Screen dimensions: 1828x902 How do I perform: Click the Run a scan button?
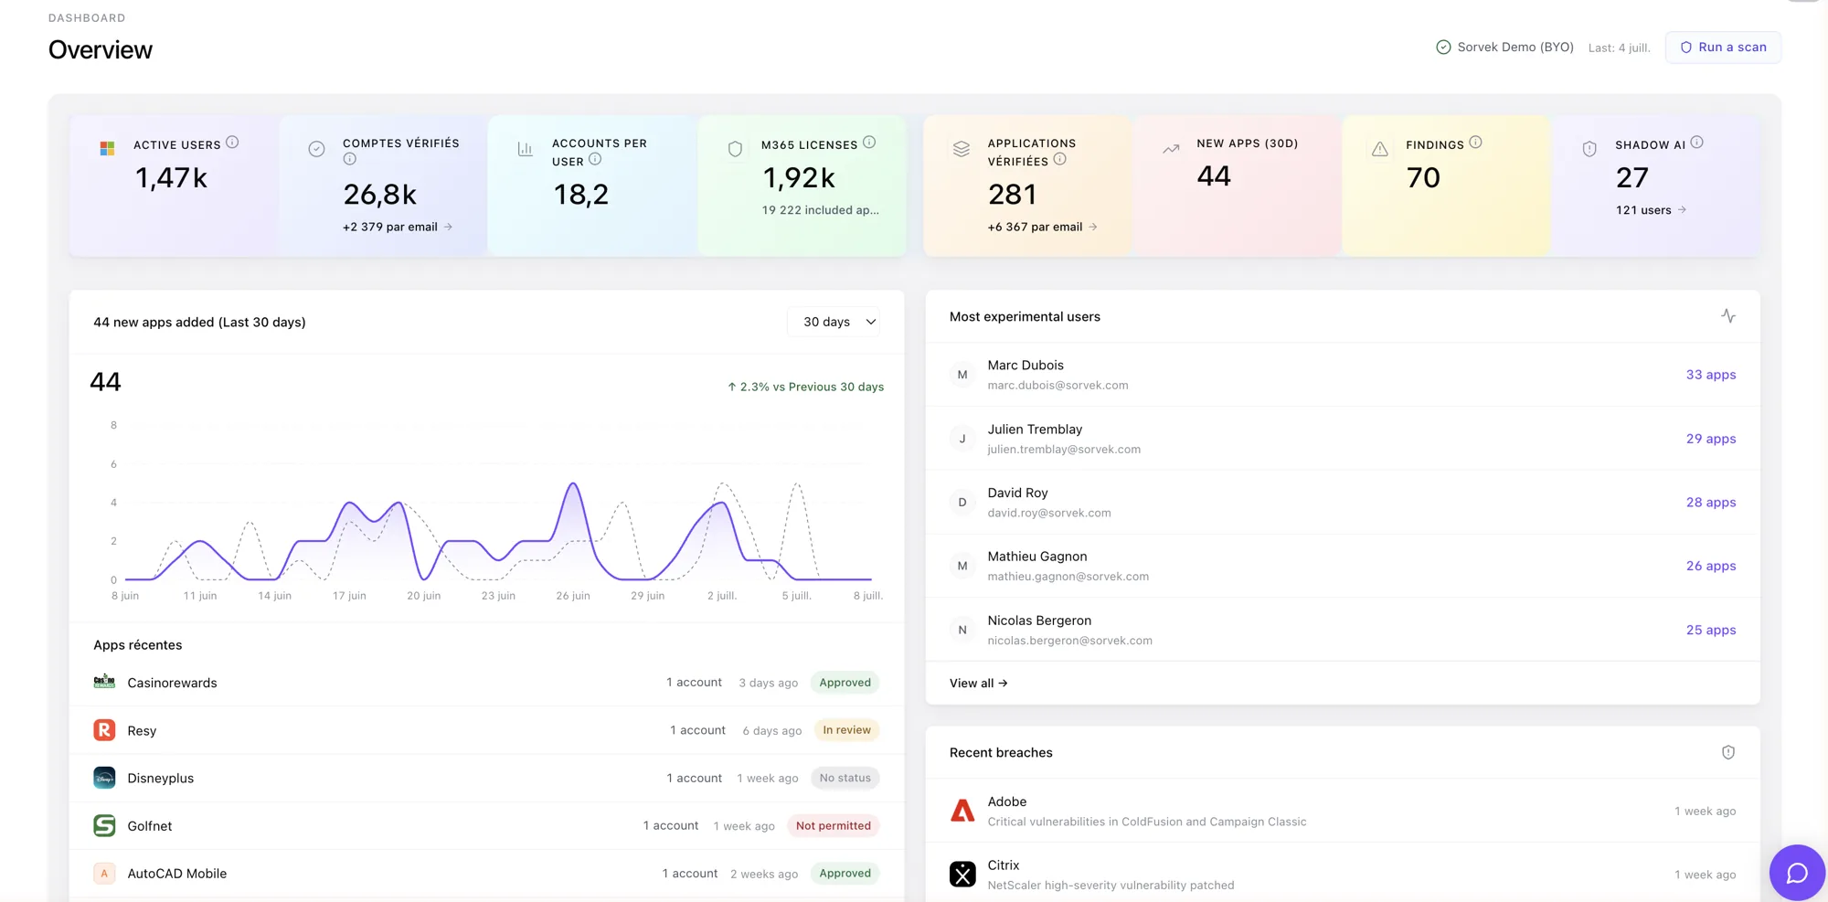(1723, 48)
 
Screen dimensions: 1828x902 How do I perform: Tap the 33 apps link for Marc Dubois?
(1710, 375)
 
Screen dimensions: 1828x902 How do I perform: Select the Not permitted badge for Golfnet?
(833, 826)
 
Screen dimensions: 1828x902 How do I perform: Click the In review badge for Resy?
(846, 730)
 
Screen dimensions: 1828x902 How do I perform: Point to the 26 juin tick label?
(573, 596)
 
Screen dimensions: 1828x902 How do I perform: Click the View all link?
(978, 683)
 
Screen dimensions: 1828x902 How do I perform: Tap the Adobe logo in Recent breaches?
(962, 811)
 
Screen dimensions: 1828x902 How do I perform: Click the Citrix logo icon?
(962, 875)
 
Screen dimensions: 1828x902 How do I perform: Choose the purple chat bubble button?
(1797, 873)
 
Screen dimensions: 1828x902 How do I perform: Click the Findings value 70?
(1423, 177)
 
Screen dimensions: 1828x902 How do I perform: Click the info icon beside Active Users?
(232, 143)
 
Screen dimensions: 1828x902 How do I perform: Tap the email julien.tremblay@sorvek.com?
(1064, 450)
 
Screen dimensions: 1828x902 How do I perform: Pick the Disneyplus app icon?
(104, 778)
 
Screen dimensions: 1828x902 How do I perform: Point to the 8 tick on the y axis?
(113, 425)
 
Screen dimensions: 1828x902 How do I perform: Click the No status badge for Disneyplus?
(845, 779)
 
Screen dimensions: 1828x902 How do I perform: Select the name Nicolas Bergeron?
(1039, 621)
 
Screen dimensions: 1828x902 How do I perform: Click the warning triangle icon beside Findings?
(1380, 149)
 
